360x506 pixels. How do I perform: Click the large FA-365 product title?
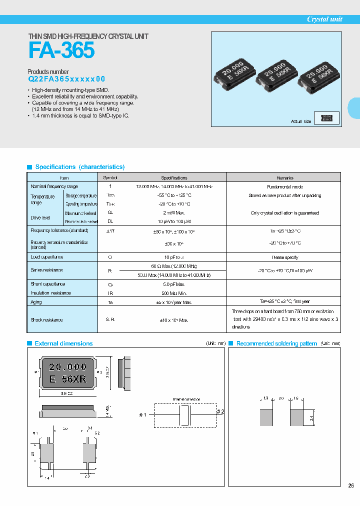[x=61, y=51]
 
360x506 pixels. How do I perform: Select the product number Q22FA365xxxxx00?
[x=66, y=79]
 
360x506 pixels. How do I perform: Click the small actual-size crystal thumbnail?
[x=327, y=118]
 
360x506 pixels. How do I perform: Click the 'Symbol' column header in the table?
[x=110, y=177]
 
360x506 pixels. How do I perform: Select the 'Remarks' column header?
[x=284, y=177]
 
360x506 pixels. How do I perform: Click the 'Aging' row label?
[x=36, y=302]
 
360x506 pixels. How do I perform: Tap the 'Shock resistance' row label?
[x=46, y=319]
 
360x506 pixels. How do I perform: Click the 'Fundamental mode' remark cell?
[x=284, y=186]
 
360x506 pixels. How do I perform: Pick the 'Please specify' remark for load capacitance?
[x=284, y=257]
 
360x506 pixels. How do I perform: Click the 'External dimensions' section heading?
[x=63, y=343]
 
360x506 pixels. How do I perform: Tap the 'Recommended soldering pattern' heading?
[x=276, y=343]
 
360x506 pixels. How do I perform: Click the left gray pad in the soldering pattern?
[x=266, y=417]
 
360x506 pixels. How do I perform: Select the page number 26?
[x=351, y=485]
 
